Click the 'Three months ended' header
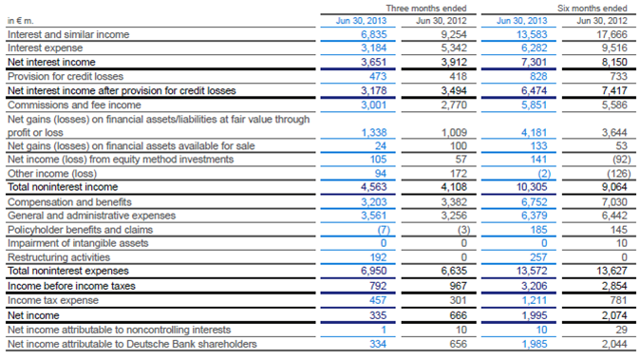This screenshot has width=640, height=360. point(407,7)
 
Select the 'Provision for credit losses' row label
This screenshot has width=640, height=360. point(67,76)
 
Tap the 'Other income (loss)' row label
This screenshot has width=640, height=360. point(51,174)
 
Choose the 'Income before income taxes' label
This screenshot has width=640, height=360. point(67,286)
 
